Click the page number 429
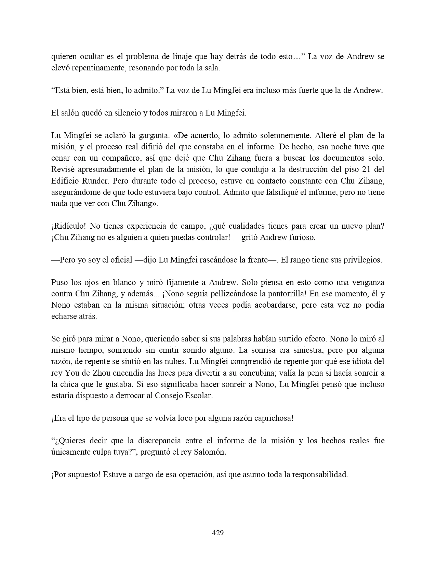point(218,533)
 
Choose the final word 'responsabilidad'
point(315,474)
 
